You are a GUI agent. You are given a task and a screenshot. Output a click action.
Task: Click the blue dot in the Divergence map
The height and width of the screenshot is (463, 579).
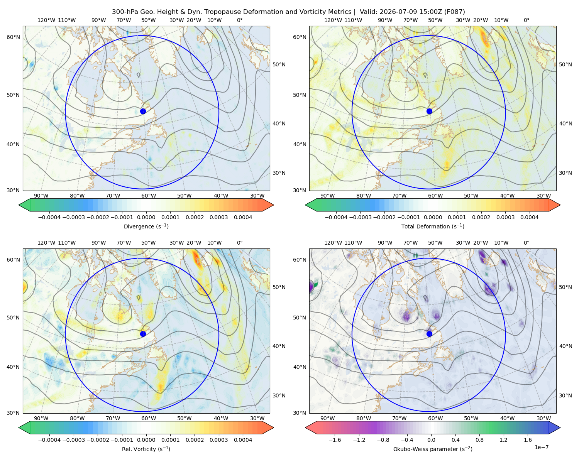pyautogui.click(x=143, y=111)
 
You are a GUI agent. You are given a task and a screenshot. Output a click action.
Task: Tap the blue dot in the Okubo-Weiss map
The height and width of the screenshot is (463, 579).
pyautogui.click(x=429, y=334)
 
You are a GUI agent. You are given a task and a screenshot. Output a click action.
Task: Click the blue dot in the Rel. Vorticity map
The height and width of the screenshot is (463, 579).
pyautogui.click(x=143, y=334)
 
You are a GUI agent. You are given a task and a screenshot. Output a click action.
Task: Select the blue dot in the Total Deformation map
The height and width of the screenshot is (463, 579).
pyautogui.click(x=429, y=111)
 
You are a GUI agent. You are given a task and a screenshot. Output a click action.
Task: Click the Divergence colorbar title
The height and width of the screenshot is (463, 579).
pyautogui.click(x=146, y=226)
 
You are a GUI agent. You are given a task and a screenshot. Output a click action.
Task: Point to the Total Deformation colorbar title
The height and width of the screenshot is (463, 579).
pyautogui.click(x=433, y=226)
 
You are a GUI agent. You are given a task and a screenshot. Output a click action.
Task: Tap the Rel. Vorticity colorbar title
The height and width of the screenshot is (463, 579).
pyautogui.click(x=146, y=449)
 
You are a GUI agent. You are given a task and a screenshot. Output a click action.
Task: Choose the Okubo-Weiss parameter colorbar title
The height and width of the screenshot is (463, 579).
pyautogui.click(x=433, y=449)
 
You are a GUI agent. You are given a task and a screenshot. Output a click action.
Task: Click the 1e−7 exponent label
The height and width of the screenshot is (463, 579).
pyautogui.click(x=541, y=447)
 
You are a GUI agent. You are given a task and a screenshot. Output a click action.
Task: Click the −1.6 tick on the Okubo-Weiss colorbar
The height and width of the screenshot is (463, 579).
pyautogui.click(x=335, y=439)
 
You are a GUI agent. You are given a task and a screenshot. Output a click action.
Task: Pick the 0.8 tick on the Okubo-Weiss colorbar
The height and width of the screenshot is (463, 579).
pyautogui.click(x=479, y=439)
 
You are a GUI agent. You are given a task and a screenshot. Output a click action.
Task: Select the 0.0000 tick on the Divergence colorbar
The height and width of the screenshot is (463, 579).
pyautogui.click(x=146, y=217)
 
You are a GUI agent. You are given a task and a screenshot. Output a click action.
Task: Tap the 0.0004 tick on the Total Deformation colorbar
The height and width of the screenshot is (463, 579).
pyautogui.click(x=529, y=217)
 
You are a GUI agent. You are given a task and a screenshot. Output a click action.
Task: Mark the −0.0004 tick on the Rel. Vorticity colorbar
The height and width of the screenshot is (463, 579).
pyautogui.click(x=49, y=439)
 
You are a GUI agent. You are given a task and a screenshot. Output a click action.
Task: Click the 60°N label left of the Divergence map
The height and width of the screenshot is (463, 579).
pyautogui.click(x=13, y=37)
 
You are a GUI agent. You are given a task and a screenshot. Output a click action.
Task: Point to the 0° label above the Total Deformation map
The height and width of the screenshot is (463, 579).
pyautogui.click(x=526, y=20)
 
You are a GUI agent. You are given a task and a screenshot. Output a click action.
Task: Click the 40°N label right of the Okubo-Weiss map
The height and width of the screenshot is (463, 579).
pyautogui.click(x=565, y=346)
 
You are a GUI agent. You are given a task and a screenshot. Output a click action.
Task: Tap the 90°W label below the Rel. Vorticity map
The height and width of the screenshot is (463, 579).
pyautogui.click(x=41, y=418)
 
